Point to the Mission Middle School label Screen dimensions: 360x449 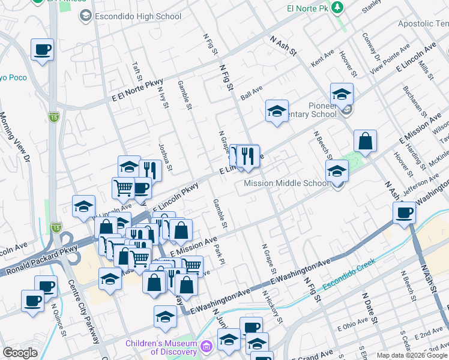285,183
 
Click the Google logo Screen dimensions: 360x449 20,353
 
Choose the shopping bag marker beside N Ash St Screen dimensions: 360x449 365,142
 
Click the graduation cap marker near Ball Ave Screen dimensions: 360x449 277,111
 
